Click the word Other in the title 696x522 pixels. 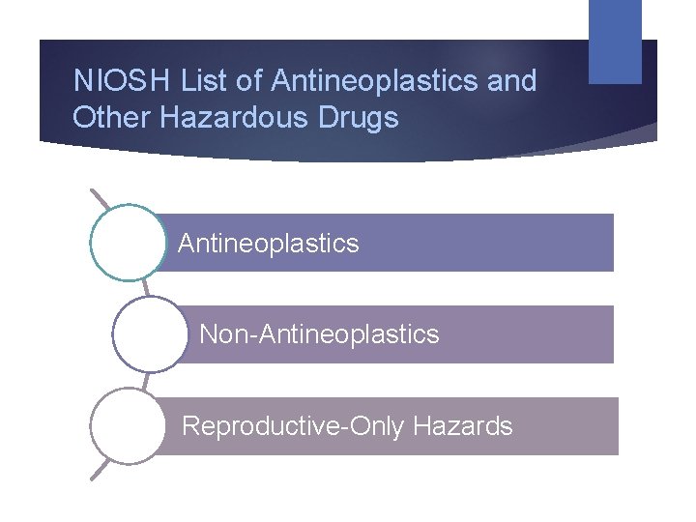pyautogui.click(x=107, y=118)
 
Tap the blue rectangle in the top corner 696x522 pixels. pyautogui.click(x=615, y=41)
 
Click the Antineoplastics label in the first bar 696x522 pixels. pyautogui.click(x=268, y=244)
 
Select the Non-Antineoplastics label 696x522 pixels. pyautogui.click(x=319, y=334)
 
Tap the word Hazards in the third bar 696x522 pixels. pyautogui.click(x=471, y=426)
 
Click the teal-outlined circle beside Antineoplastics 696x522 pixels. pyautogui.click(x=127, y=243)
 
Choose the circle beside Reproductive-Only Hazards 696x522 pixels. pyautogui.click(x=127, y=426)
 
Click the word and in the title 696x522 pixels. pyautogui.click(x=511, y=81)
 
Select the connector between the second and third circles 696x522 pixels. pyautogui.click(x=146, y=381)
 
